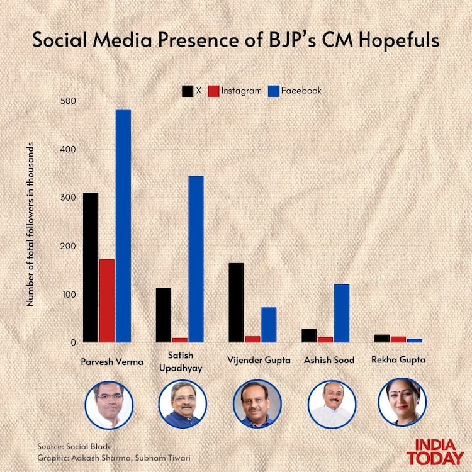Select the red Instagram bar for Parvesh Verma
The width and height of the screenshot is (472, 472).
(x=107, y=300)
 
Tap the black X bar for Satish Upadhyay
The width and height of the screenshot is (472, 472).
(x=164, y=315)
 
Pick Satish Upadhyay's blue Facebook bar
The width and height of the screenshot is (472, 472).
(x=196, y=259)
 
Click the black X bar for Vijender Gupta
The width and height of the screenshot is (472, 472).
(x=236, y=302)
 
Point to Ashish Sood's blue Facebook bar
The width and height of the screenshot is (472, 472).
(x=342, y=313)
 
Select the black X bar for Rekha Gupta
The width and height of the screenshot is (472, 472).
(x=382, y=338)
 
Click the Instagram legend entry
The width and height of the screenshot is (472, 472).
(x=235, y=91)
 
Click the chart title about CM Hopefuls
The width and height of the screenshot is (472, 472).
(x=236, y=41)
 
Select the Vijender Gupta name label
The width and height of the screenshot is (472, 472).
(x=259, y=361)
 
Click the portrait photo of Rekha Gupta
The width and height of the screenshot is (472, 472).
(x=402, y=403)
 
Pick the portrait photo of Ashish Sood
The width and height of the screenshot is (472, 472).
(x=329, y=403)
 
